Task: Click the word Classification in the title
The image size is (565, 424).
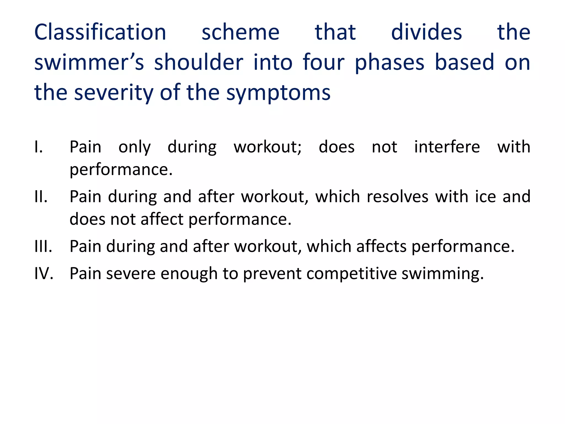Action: (100, 32)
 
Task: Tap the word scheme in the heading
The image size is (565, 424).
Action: (240, 32)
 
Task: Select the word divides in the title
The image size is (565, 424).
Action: (426, 32)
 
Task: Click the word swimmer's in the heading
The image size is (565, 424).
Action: (89, 62)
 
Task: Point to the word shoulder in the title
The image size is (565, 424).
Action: (199, 62)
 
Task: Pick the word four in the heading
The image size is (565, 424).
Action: (323, 62)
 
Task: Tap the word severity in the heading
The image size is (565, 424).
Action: (113, 93)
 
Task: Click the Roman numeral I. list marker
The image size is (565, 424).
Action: (39, 147)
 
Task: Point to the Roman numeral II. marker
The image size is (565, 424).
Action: (41, 197)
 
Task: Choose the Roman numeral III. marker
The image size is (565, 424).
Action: (43, 246)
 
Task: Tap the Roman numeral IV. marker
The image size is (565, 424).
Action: (44, 274)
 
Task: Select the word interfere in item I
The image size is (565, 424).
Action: (447, 147)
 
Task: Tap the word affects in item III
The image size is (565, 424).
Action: (381, 246)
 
